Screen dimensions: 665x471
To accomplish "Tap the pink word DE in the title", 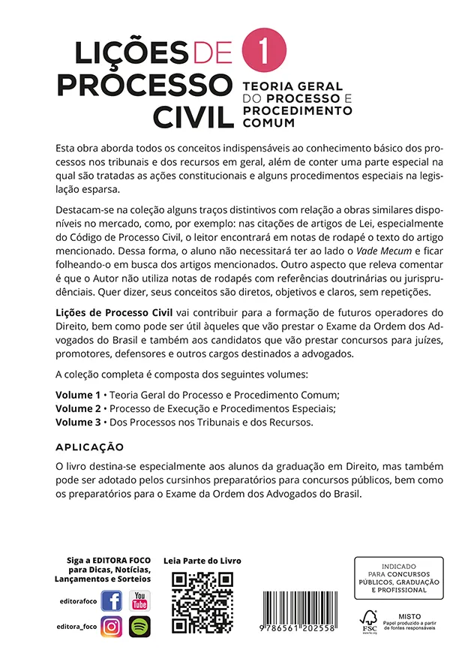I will click(214, 52).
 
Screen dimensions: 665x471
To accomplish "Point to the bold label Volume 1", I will click(77, 394).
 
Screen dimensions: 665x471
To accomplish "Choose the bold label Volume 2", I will click(77, 408).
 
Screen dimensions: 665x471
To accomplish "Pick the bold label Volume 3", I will click(77, 423).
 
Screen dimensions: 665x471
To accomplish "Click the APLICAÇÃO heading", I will click(90, 447).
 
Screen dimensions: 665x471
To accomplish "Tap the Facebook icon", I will click(112, 600).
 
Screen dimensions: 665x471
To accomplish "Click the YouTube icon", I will click(139, 600).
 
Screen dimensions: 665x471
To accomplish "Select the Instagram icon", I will click(112, 626).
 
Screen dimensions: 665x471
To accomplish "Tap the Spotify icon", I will click(139, 626).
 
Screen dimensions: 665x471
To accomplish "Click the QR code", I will click(202, 603).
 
